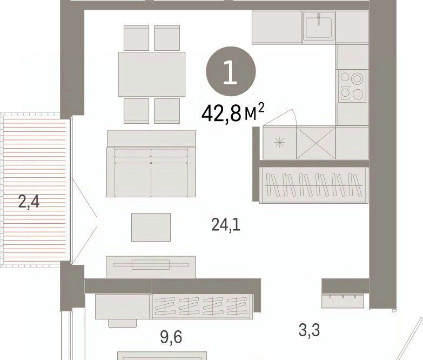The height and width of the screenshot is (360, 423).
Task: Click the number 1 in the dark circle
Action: (x=230, y=71)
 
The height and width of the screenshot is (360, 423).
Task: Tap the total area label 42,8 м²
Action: (x=233, y=113)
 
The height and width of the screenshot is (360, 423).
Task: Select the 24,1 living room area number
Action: (x=226, y=224)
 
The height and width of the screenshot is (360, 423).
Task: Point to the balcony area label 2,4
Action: (x=29, y=202)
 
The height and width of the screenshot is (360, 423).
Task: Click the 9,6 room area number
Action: (x=171, y=337)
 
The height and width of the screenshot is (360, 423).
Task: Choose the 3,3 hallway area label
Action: (x=309, y=330)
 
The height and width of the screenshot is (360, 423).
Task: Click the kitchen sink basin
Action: (x=319, y=26)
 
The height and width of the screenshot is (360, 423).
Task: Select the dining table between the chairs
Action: (x=152, y=74)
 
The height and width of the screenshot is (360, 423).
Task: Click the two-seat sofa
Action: (x=151, y=164)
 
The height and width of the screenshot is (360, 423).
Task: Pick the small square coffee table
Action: (x=151, y=227)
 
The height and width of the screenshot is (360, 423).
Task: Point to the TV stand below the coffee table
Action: (x=151, y=267)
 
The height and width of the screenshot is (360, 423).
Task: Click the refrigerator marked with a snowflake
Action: (x=279, y=143)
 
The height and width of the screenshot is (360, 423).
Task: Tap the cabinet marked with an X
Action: (x=316, y=143)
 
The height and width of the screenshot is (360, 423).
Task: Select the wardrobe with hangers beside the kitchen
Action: (x=313, y=185)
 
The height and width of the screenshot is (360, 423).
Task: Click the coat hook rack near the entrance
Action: (x=343, y=301)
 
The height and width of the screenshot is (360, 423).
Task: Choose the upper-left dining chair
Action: (x=136, y=38)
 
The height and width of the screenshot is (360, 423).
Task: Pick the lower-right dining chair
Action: (x=167, y=111)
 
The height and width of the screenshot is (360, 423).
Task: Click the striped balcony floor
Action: (x=34, y=190)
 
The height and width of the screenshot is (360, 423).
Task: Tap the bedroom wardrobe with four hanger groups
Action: (x=203, y=306)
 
